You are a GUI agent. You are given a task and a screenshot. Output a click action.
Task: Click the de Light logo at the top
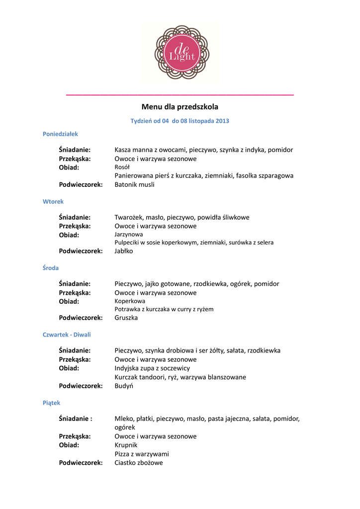coord(180,52)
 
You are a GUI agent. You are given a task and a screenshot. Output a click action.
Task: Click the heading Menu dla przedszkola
coord(180,106)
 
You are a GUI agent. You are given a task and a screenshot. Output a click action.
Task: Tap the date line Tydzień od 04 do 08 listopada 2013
coord(180,121)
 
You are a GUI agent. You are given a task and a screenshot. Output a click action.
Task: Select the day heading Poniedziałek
coord(60,134)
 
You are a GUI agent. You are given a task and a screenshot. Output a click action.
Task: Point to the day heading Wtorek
coord(53,201)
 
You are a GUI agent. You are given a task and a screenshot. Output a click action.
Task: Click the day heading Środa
coord(51,268)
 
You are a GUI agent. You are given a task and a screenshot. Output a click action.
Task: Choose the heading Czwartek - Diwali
coord(67,335)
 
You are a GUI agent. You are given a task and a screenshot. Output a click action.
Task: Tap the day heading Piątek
coord(51,403)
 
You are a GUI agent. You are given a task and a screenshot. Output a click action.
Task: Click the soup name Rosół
coord(122,167)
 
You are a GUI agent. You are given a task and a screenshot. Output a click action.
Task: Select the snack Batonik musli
coord(134,184)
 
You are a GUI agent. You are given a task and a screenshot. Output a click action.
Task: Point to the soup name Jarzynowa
coord(129,234)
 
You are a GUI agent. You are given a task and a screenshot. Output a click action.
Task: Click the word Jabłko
coord(124,251)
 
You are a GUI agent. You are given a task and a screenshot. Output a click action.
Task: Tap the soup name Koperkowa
coord(130,301)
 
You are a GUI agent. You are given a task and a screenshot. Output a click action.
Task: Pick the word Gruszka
coord(126,318)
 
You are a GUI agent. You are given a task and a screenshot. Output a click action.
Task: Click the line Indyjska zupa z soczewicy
coord(152,368)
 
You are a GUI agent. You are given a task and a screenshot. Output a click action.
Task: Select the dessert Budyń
coord(124,386)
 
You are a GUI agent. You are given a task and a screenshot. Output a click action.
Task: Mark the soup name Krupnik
coord(126,445)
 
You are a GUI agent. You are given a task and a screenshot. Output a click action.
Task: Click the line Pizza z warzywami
coord(142,454)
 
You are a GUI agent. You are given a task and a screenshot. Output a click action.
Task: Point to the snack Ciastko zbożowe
coord(139,463)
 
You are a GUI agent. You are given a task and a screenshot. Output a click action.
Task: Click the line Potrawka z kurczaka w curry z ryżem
coord(164,309)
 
